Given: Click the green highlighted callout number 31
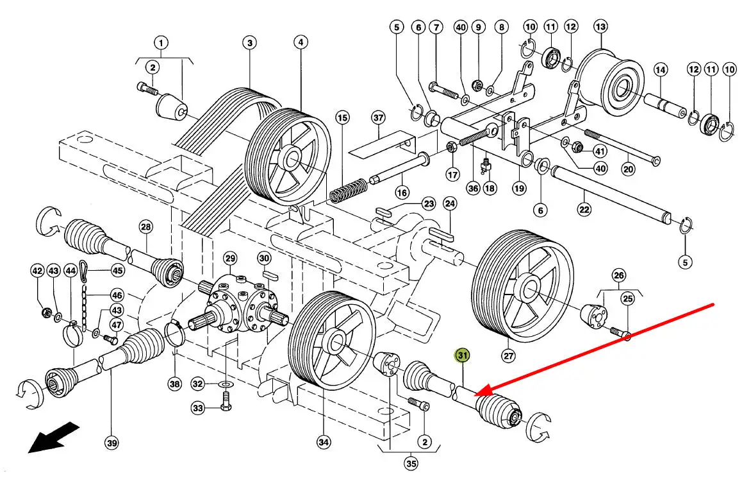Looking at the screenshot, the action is [x=462, y=355].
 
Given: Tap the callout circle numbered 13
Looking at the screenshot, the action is [x=600, y=27].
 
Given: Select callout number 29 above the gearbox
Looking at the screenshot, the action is [x=231, y=259].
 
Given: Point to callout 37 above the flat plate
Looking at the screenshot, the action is [x=378, y=118].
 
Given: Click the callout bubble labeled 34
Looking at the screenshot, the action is [x=324, y=442].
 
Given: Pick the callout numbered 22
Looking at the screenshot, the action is [x=584, y=210].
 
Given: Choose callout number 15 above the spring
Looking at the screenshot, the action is [x=342, y=117].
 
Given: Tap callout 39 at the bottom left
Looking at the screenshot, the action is [x=112, y=443].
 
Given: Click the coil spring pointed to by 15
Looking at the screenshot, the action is [x=348, y=190].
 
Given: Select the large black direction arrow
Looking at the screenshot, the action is [x=53, y=437].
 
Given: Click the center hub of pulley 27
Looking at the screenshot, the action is [x=530, y=289].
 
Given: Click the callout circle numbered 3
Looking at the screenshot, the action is [x=249, y=43].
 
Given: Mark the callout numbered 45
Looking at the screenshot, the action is [x=118, y=271].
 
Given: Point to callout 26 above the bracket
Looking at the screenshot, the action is [x=619, y=275].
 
